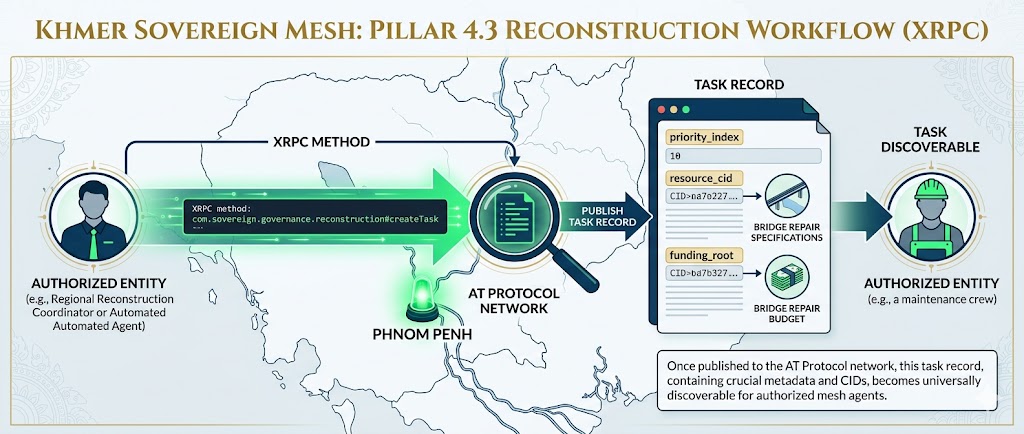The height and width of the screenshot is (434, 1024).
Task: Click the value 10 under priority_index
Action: pos(675,156)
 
